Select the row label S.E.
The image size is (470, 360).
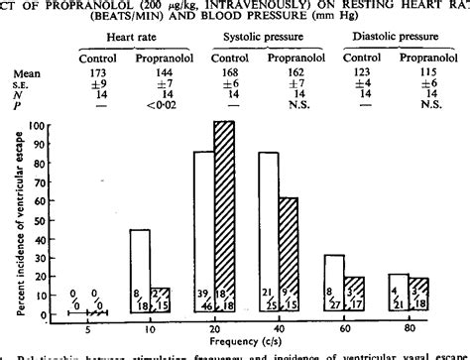click(x=21, y=87)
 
